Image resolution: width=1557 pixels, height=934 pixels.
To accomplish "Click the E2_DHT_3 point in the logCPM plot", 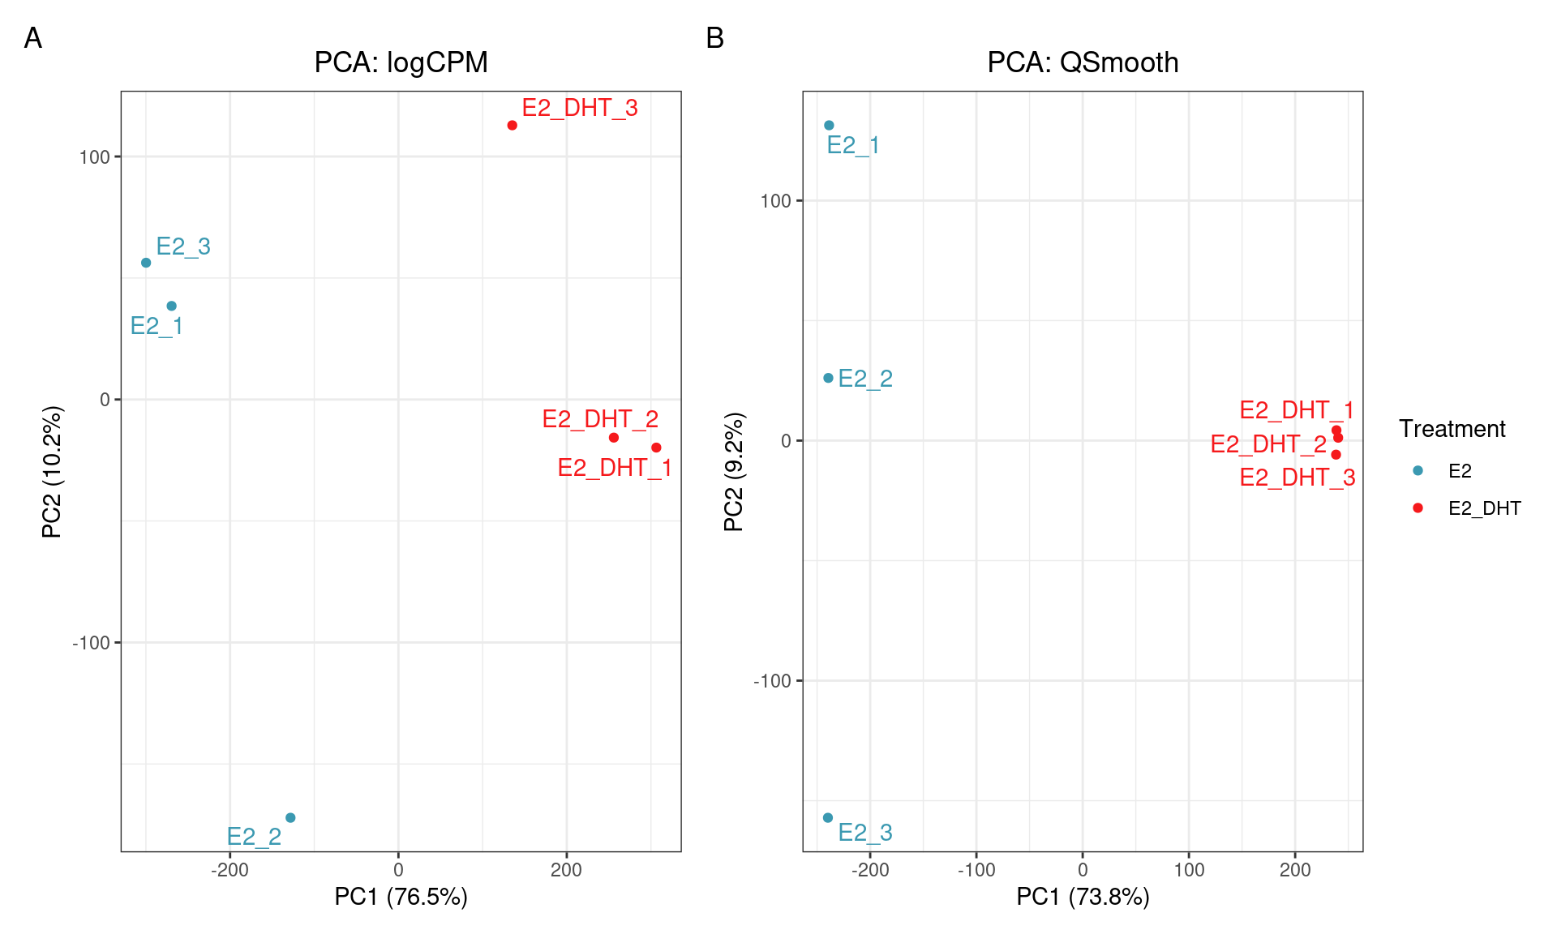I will pyautogui.click(x=512, y=126).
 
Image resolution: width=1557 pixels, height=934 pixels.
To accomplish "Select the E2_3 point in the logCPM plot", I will pyautogui.click(x=146, y=263).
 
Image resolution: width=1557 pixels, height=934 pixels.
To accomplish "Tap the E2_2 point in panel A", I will pyautogui.click(x=290, y=817).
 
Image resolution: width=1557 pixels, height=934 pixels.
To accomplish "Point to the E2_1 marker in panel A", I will pyautogui.click(x=171, y=306).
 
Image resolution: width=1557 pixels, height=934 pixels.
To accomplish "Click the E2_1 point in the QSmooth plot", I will pyautogui.click(x=829, y=126).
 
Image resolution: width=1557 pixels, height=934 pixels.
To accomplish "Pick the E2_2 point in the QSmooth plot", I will pyautogui.click(x=828, y=378).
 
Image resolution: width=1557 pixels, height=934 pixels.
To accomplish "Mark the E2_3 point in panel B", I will pyautogui.click(x=828, y=817).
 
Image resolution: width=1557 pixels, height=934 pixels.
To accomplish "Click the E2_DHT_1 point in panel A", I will pyautogui.click(x=656, y=448).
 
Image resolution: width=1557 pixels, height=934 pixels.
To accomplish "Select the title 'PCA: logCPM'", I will pyautogui.click(x=401, y=62).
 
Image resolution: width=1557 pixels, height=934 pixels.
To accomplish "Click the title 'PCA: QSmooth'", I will pyautogui.click(x=1082, y=62).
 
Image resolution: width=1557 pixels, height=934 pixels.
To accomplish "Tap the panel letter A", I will pyautogui.click(x=33, y=38).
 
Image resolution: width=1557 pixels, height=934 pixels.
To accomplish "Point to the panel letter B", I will pyautogui.click(x=714, y=38).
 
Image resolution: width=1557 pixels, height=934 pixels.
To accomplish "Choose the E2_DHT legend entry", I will pyautogui.click(x=1483, y=508).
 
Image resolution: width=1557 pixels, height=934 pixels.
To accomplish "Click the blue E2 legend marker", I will pyautogui.click(x=1418, y=470).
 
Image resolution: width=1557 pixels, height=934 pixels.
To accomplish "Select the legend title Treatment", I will pyautogui.click(x=1452, y=429).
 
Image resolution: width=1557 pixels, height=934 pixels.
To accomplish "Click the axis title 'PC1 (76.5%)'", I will pyautogui.click(x=401, y=897).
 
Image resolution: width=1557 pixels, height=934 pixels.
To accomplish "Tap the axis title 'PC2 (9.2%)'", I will pyautogui.click(x=733, y=472).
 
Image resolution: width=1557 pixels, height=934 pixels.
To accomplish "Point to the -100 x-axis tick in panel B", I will pyautogui.click(x=976, y=871).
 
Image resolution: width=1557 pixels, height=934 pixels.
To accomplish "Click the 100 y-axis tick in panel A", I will pyautogui.click(x=94, y=157).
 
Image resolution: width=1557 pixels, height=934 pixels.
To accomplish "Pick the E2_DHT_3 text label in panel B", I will pyautogui.click(x=1297, y=478).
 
